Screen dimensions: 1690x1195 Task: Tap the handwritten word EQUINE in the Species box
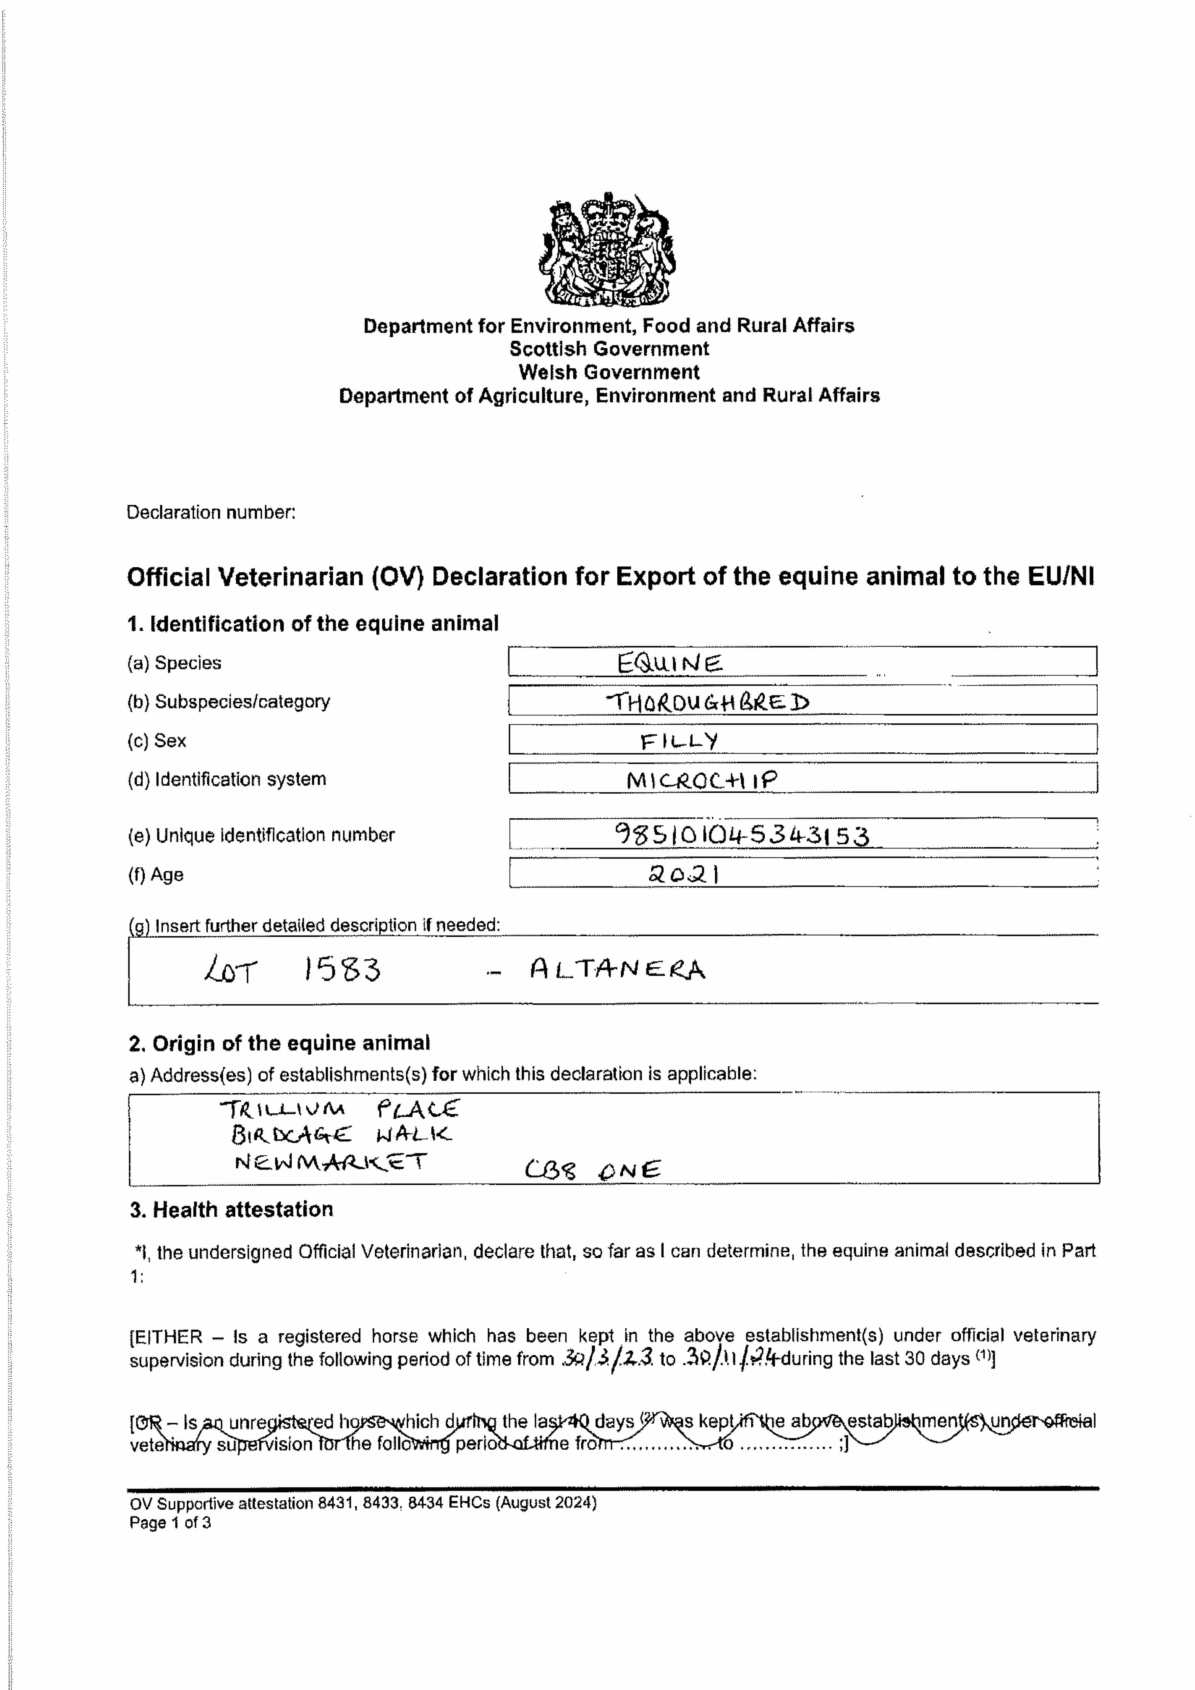pos(669,664)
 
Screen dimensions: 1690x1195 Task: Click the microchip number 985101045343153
pos(741,835)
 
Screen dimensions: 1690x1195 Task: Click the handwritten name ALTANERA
pos(617,969)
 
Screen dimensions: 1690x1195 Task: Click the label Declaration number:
pos(211,512)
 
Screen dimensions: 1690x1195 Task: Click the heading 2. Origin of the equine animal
pos(280,1043)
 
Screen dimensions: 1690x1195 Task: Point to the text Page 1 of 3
pos(170,1522)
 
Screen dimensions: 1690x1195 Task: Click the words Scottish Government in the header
pos(609,349)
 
